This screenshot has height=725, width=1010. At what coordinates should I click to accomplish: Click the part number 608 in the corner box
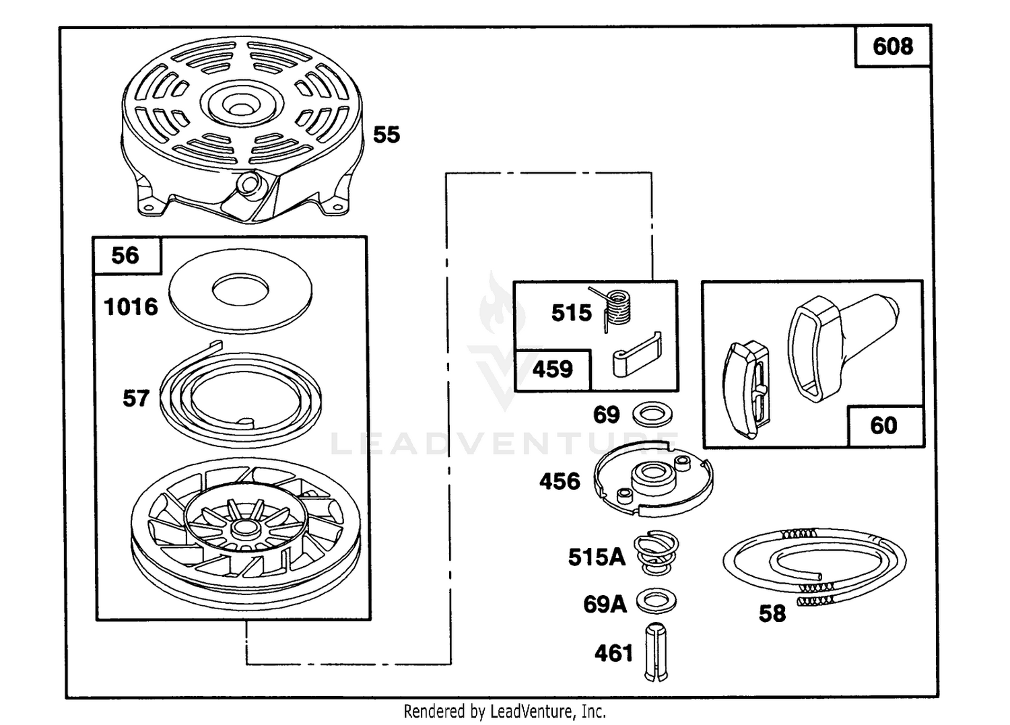pyautogui.click(x=893, y=46)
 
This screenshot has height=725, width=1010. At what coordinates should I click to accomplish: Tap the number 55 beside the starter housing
pyautogui.click(x=386, y=135)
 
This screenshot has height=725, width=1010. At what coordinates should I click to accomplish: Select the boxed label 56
pyautogui.click(x=125, y=256)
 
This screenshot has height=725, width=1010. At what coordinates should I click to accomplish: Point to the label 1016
pyautogui.click(x=131, y=307)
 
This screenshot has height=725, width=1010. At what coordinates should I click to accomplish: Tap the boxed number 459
pyautogui.click(x=552, y=370)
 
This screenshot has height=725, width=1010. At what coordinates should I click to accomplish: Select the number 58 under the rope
pyautogui.click(x=772, y=614)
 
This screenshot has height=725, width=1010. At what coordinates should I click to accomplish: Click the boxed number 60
pyautogui.click(x=883, y=425)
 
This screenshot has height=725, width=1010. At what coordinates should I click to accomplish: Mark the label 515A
pyautogui.click(x=597, y=557)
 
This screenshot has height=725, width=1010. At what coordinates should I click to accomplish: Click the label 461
pyautogui.click(x=613, y=654)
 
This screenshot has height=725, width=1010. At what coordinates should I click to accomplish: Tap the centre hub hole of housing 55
pyautogui.click(x=242, y=108)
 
